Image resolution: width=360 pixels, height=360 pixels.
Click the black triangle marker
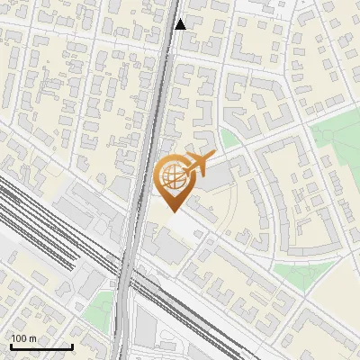click(x=181, y=24)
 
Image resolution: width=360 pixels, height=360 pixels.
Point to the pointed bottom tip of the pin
click(x=173, y=211)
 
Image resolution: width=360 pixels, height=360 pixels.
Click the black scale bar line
click(x=40, y=346)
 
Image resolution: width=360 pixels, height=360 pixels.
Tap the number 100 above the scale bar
click(x=22, y=338)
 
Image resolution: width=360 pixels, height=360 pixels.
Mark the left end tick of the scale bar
click(x=10, y=345)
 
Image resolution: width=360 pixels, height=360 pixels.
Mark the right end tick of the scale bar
click(x=72, y=345)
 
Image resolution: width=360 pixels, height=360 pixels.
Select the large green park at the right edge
click(x=337, y=144)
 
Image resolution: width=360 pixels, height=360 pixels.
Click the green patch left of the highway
click(x=102, y=306)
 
